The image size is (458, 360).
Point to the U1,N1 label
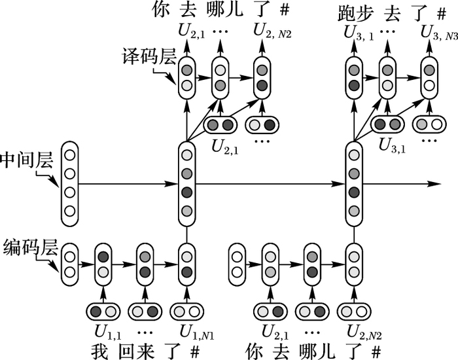tap(187, 331)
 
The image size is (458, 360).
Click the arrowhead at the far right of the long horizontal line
tap(432, 184)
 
